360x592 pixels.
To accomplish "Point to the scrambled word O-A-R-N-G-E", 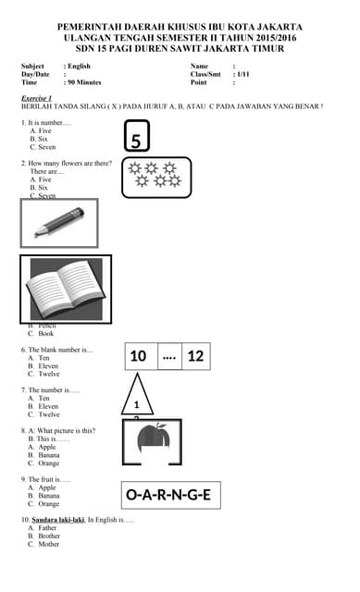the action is click(x=168, y=495).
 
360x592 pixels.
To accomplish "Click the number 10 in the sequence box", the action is click(x=138, y=356).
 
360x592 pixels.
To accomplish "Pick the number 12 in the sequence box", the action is click(x=195, y=356).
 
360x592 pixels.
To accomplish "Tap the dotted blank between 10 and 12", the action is click(x=168, y=356).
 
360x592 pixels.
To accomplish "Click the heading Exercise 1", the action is click(x=37, y=97).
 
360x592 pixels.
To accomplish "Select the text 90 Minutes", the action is click(x=83, y=82).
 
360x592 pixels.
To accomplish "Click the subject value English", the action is click(x=79, y=67).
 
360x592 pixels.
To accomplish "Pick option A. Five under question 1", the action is click(x=41, y=130).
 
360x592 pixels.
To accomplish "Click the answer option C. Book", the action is click(x=46, y=333).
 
